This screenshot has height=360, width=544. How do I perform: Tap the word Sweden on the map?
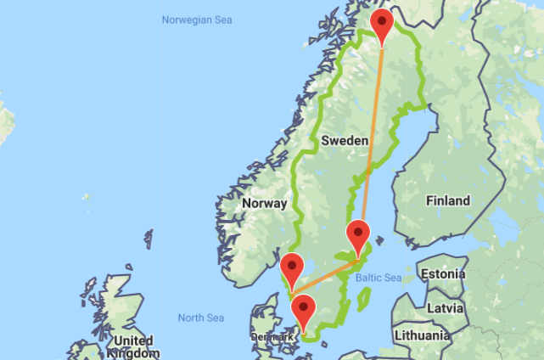click(x=345, y=140)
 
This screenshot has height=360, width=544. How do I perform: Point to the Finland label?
click(x=448, y=201)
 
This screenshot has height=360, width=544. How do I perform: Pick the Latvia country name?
click(x=444, y=306)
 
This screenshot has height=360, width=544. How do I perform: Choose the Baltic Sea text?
click(x=379, y=278)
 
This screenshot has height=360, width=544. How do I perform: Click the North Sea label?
click(x=201, y=318)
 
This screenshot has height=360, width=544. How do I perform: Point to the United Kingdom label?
click(x=133, y=346)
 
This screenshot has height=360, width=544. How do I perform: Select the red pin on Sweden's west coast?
click(x=291, y=267)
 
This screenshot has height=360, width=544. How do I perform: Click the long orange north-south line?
click(x=372, y=136)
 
